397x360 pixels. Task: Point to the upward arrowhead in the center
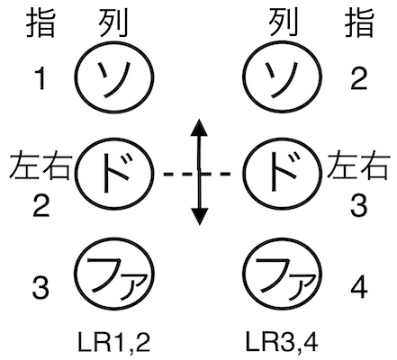coord(199,129)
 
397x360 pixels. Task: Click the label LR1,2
coord(114,342)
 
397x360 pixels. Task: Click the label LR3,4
coord(282,342)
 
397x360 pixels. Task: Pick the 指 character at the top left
coord(41,22)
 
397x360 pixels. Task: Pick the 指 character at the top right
coord(359,22)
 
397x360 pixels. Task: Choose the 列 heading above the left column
coord(113,22)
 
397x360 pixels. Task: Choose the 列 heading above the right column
coord(284,22)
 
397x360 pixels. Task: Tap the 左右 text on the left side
coord(40,166)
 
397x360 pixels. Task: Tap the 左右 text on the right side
coord(358,166)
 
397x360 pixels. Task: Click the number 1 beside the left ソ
coord(41,78)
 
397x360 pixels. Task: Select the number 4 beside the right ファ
coord(359,287)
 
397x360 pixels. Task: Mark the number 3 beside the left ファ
coord(41,287)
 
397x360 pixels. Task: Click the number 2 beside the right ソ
coord(359,78)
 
